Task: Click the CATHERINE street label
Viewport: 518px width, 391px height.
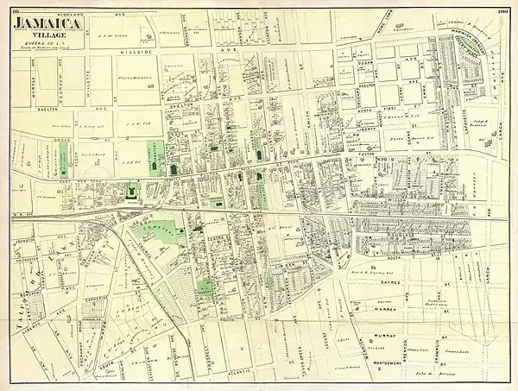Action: tap(97, 299)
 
